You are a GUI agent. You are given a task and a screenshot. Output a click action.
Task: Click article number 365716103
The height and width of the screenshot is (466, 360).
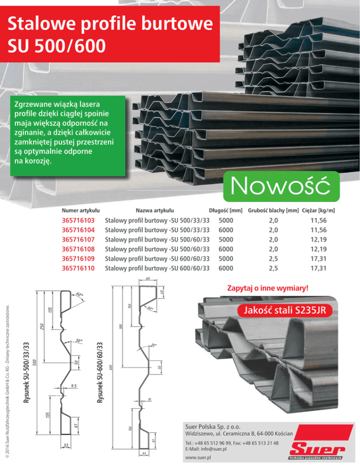78,220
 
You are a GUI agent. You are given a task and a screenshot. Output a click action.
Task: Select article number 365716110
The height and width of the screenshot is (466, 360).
78,268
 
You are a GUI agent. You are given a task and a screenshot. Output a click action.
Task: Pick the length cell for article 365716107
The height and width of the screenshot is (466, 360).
226,240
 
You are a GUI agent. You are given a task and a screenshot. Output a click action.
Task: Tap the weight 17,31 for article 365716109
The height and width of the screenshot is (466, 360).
319,259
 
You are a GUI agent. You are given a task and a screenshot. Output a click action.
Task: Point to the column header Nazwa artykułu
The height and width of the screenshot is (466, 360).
155,210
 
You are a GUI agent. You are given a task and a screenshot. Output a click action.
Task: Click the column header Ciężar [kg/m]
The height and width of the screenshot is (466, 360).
322,210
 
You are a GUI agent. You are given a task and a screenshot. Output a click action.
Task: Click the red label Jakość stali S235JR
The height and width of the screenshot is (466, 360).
284,310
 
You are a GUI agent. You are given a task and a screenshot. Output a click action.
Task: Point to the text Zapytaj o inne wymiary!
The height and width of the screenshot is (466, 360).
268,287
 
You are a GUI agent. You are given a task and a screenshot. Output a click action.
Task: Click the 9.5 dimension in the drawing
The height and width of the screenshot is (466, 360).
74,385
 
